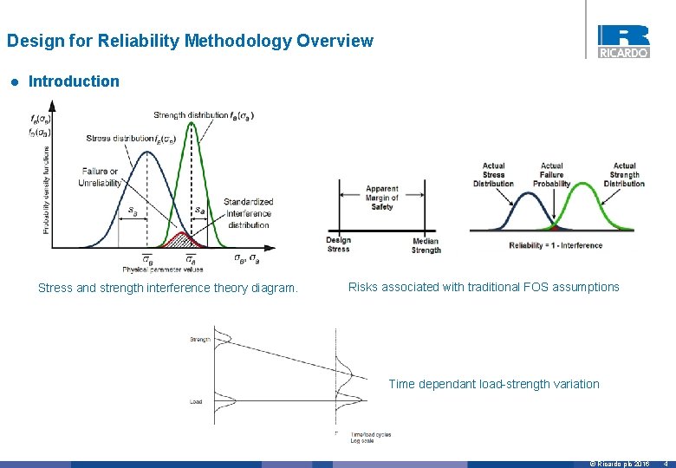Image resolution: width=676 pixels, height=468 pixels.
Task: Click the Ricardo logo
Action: (622, 41)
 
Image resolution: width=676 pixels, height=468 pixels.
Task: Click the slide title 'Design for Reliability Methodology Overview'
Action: (190, 41)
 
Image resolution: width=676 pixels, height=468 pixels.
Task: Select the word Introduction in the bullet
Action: (74, 81)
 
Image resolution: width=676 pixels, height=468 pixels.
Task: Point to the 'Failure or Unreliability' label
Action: (101, 177)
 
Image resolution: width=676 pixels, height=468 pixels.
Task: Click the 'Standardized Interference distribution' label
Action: (249, 213)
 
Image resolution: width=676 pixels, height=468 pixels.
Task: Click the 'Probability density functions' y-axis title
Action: (46, 190)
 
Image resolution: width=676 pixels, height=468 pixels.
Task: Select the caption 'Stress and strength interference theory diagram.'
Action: (167, 288)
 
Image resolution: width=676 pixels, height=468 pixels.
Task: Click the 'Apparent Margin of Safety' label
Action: (381, 198)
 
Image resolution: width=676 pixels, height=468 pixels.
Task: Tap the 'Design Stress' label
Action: (339, 244)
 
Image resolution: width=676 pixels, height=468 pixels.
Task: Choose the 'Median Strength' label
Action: (426, 245)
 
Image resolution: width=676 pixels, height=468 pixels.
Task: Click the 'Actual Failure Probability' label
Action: (551, 174)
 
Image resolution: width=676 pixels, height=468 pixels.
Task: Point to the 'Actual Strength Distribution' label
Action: (624, 174)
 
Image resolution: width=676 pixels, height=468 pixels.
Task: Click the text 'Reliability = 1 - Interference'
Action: (556, 245)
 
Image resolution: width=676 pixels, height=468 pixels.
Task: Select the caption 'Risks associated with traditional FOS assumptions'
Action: (484, 287)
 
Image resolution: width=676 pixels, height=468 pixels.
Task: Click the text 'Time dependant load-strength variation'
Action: (493, 384)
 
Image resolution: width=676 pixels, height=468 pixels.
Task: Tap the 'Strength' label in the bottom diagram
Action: (200, 340)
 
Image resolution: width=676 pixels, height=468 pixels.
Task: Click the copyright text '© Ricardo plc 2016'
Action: (620, 464)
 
